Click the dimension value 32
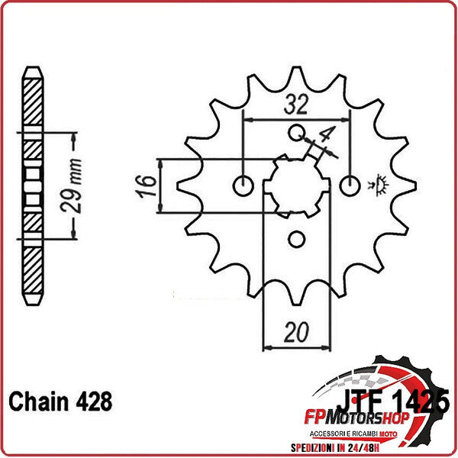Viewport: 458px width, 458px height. tap(296, 105)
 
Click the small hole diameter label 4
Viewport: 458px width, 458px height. tap(327, 137)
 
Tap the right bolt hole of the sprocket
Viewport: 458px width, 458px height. tap(351, 185)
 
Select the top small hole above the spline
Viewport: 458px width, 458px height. tap(297, 134)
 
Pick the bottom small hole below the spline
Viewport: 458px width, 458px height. tap(297, 240)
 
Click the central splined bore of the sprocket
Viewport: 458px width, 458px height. tap(297, 187)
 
